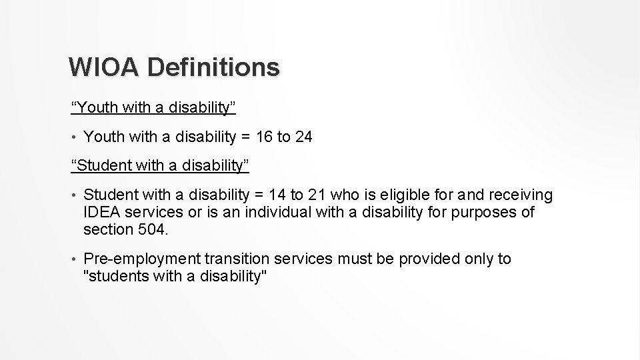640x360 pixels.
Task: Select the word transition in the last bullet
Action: [237, 259]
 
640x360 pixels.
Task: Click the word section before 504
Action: [106, 230]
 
